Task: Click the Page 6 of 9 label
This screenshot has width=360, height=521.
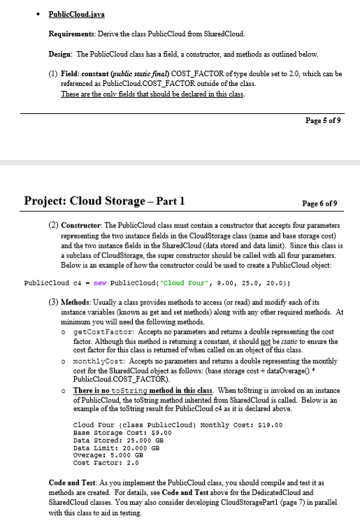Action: pyautogui.click(x=319, y=203)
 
